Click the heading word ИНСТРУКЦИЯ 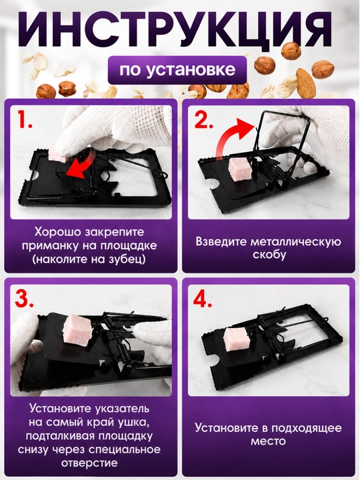[x=177, y=29]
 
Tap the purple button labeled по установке [x=177, y=70]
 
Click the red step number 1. [x=25, y=120]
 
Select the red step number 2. [x=204, y=119]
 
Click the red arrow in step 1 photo [x=78, y=164]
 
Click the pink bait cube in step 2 [x=240, y=169]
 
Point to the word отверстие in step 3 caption [x=89, y=463]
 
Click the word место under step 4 [x=268, y=441]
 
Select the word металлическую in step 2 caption [x=296, y=241]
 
